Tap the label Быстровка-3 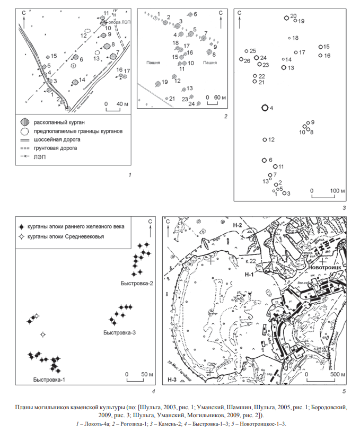tap(119, 332)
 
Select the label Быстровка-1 tap(48, 380)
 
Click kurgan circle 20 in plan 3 tap(287, 17)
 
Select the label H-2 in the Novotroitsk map tap(237, 225)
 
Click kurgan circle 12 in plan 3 tap(265, 140)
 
